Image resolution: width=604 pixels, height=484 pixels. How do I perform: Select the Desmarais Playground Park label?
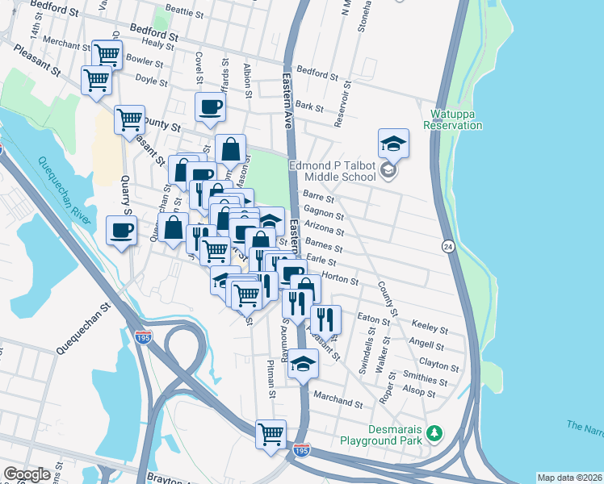(x=384, y=435)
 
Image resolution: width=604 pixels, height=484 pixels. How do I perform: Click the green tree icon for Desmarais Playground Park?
(x=435, y=434)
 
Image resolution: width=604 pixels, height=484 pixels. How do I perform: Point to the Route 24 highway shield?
(x=447, y=245)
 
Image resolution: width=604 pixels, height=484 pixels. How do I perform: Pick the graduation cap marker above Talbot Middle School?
(x=393, y=144)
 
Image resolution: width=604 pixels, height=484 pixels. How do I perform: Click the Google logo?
(x=27, y=474)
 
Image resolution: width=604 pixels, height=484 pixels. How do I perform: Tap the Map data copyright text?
(x=568, y=478)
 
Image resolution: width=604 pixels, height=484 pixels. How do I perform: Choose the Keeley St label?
(x=430, y=328)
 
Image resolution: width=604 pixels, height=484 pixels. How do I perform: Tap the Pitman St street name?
(x=272, y=379)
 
